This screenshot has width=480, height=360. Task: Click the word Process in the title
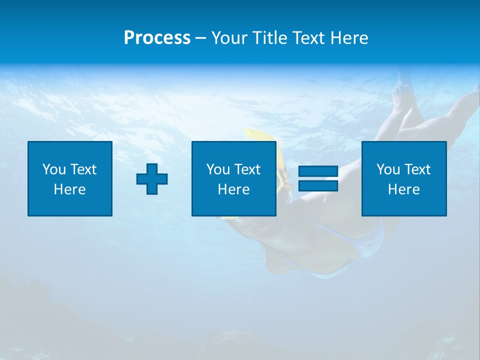point(157,38)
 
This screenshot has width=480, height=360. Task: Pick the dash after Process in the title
point(201,38)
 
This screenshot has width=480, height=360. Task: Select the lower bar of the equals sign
point(318,186)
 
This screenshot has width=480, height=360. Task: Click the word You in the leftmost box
point(54,169)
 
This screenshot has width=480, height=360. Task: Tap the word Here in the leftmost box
point(69,189)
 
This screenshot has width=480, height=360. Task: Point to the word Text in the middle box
point(247,169)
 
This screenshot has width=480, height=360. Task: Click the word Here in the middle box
point(233,189)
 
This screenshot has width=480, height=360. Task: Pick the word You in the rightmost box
point(388,169)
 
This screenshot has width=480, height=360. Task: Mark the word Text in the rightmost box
point(417,169)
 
